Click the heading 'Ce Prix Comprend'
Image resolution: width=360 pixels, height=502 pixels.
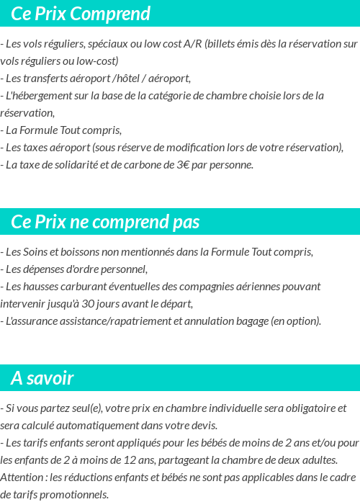81,14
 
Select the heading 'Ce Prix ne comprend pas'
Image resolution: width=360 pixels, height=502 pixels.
105,222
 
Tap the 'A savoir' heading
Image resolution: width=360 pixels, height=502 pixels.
42,378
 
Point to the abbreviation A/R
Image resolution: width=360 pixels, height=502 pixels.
193,44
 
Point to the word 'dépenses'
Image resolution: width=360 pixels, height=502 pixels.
44,269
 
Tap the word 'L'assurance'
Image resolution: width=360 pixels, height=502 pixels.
32,321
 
